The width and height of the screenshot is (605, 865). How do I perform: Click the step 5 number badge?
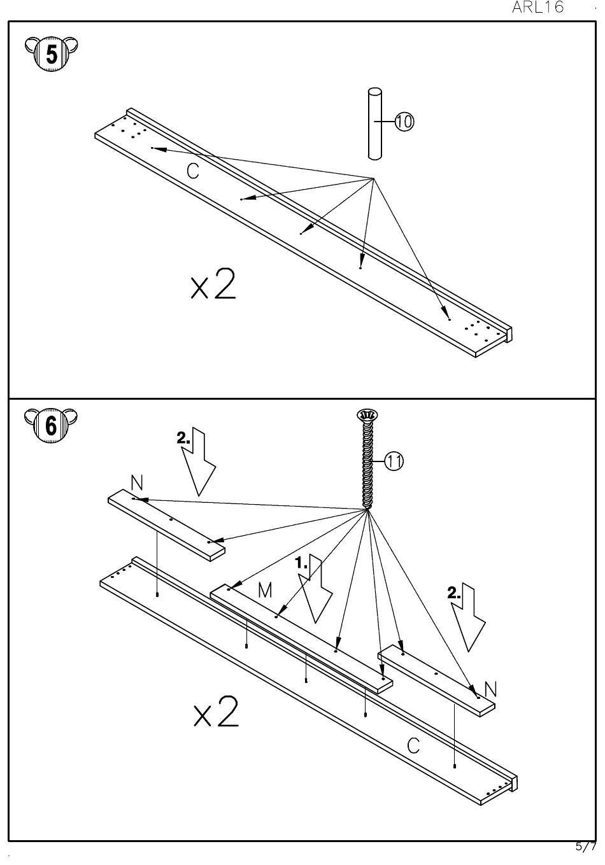click(x=52, y=54)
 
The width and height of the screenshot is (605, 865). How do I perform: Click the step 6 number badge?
click(x=50, y=425)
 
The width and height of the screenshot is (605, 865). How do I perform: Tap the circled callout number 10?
click(x=404, y=122)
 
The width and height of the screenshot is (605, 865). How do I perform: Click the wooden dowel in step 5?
click(x=374, y=123)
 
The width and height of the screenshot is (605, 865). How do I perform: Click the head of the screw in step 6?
click(x=367, y=416)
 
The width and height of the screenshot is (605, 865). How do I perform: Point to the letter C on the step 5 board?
click(x=193, y=171)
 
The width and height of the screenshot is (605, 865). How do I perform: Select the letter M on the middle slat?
click(x=265, y=590)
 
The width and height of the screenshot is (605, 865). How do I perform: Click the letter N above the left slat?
click(x=137, y=482)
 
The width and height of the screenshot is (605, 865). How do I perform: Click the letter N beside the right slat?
click(x=490, y=689)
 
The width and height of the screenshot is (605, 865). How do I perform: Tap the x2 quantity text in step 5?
click(x=213, y=284)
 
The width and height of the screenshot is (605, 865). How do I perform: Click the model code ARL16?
click(x=537, y=8)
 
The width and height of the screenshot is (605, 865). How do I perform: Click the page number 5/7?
click(x=586, y=847)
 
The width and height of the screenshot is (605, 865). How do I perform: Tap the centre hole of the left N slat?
click(x=171, y=520)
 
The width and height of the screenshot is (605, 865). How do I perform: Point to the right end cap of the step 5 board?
click(x=509, y=334)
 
